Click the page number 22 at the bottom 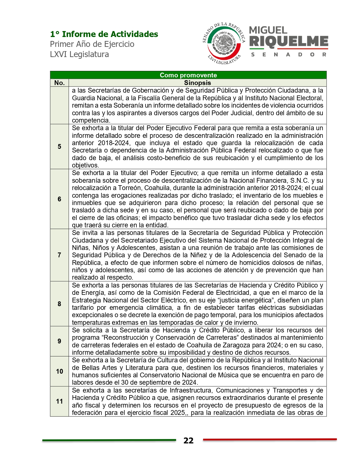[x=188, y=441]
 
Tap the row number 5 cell [x=59, y=147]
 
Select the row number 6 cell [x=59, y=199]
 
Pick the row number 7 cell [x=59, y=255]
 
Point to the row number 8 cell [x=59, y=304]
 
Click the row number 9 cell [x=59, y=341]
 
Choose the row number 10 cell [x=59, y=371]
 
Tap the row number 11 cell [x=59, y=401]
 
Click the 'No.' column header [x=59, y=83]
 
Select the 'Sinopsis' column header [x=197, y=83]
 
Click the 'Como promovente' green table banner [x=188, y=75]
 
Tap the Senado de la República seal [x=224, y=43]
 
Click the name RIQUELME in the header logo [x=289, y=42]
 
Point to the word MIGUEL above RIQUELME [x=268, y=30]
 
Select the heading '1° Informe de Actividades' [x=104, y=34]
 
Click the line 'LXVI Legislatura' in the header [x=79, y=54]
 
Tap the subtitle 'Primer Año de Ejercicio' [x=92, y=44]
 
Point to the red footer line [x=270, y=439]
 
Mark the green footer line [x=109, y=440]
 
